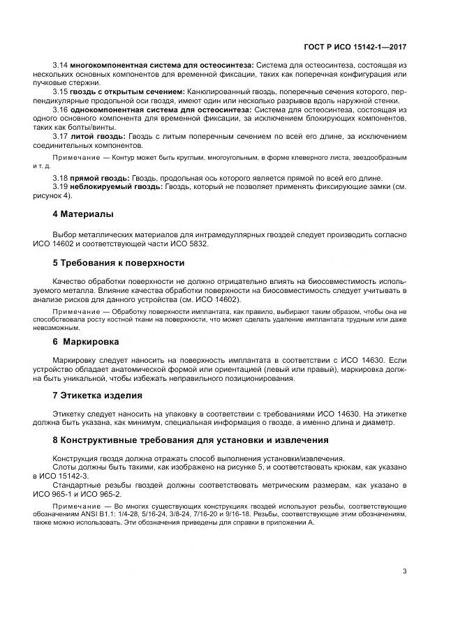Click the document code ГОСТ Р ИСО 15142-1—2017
tap(355, 47)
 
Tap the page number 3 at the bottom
tap(404, 571)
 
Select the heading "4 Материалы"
tap(83, 214)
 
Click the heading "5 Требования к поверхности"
tap(119, 263)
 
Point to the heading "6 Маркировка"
tap(86, 342)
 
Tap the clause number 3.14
tap(59, 65)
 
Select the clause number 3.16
tap(59, 110)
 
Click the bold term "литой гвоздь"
tap(92, 137)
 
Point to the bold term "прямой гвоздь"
tap(95, 179)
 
